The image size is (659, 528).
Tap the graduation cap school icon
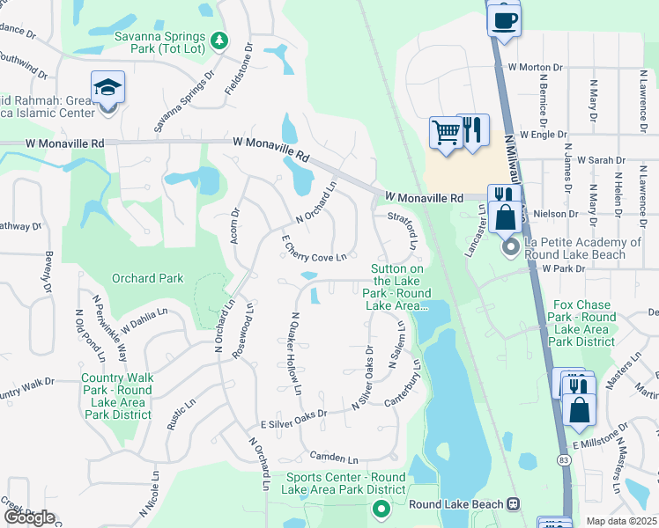click(x=107, y=87)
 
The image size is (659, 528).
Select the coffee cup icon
click(x=504, y=19)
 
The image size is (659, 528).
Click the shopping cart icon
click(x=447, y=132)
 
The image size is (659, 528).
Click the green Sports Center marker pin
click(x=381, y=508)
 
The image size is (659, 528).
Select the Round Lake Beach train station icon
click(x=512, y=504)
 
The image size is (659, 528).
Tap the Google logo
click(x=29, y=517)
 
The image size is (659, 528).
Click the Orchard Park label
click(x=147, y=279)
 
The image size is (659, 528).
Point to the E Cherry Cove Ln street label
click(x=314, y=248)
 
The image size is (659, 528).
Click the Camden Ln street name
click(x=334, y=458)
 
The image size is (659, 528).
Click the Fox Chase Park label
click(x=581, y=323)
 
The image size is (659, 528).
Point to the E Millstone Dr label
click(x=602, y=437)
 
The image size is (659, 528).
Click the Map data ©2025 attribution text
click(x=621, y=521)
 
